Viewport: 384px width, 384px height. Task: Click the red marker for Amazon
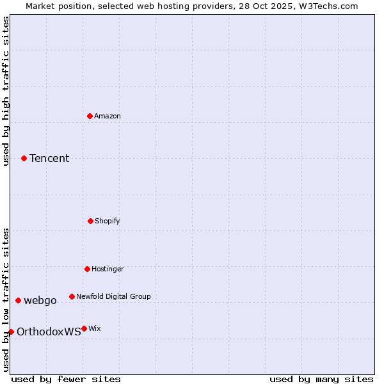pyautogui.click(x=90, y=116)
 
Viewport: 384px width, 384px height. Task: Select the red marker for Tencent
pyautogui.click(x=24, y=158)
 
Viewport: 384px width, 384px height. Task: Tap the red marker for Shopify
pyautogui.click(x=90, y=221)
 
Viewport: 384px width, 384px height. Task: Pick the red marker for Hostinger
pyautogui.click(x=87, y=269)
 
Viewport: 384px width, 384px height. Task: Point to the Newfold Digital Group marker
pyautogui.click(x=72, y=296)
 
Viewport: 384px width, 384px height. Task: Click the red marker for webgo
pyautogui.click(x=18, y=300)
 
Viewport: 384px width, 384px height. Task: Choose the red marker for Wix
pyautogui.click(x=84, y=328)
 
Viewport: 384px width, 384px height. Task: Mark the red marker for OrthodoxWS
pyautogui.click(x=11, y=332)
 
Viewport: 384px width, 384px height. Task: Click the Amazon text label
pyautogui.click(x=108, y=116)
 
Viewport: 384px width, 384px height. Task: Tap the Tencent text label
pyautogui.click(x=49, y=158)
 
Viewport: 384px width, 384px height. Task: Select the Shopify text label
pyautogui.click(x=108, y=221)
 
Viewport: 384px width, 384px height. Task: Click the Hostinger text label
pyautogui.click(x=108, y=269)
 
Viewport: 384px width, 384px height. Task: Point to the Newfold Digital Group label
pyautogui.click(x=113, y=296)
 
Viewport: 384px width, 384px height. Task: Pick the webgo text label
pyautogui.click(x=40, y=300)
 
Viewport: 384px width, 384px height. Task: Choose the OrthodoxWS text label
pyautogui.click(x=49, y=332)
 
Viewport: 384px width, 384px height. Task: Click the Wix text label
pyautogui.click(x=94, y=328)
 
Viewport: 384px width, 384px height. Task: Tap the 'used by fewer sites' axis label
pyautogui.click(x=66, y=379)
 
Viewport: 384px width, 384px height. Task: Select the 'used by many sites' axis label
pyautogui.click(x=321, y=379)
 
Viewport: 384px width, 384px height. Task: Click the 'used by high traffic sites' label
pyautogui.click(x=6, y=91)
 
